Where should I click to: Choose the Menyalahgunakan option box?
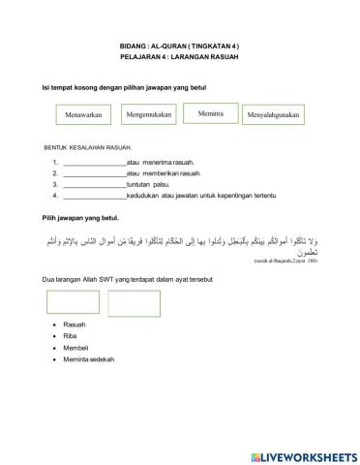(274, 115)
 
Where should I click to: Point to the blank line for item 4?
(94, 193)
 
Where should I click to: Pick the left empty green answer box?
(72, 303)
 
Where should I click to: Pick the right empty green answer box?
(135, 303)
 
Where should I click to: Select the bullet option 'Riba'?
(69, 335)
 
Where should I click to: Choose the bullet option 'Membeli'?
(75, 347)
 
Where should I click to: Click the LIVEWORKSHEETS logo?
(301, 454)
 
